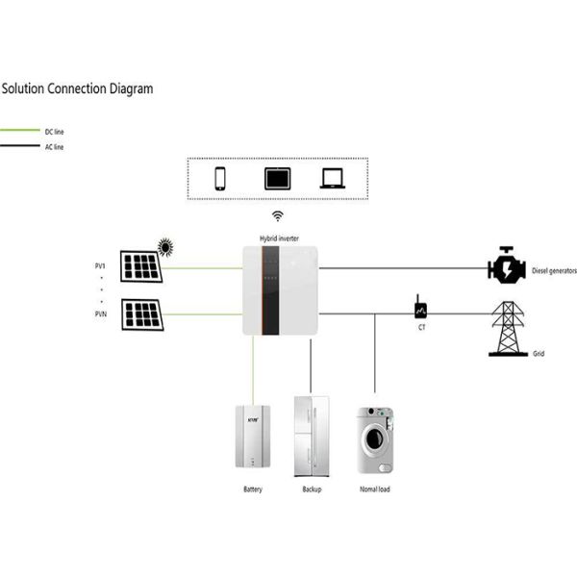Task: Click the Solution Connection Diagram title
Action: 77,88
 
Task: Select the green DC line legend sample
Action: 18,131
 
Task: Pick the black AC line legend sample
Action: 18,147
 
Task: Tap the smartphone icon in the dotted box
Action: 220,179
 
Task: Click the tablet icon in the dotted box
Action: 276,179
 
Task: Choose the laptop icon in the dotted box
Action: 333,179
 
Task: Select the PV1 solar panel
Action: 140,266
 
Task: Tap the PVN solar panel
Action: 140,314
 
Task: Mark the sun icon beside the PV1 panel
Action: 166,248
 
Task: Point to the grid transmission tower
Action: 507,327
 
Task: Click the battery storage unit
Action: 253,437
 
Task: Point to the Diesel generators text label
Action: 554,271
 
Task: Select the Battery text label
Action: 253,489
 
